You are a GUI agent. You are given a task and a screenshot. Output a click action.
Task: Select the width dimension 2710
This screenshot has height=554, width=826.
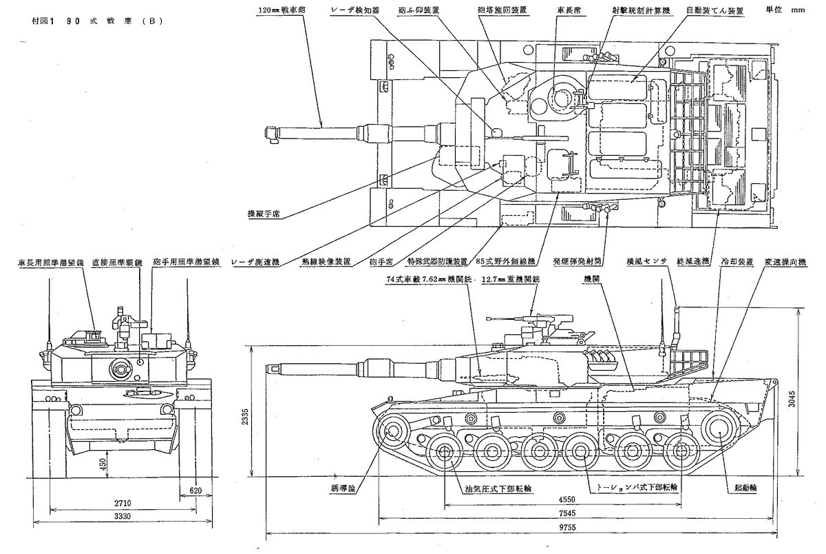click(118, 502)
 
